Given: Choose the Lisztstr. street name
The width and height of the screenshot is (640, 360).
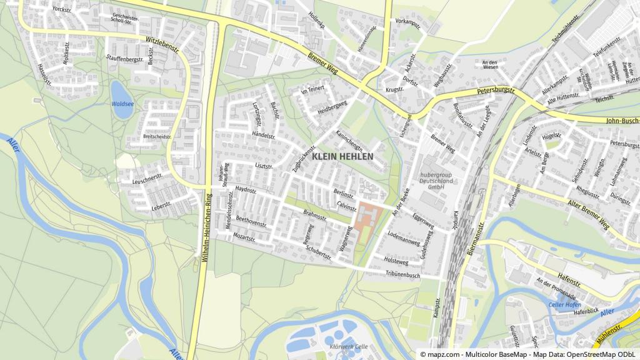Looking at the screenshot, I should (x=265, y=166).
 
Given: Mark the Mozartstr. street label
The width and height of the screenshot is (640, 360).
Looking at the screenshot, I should (x=244, y=238).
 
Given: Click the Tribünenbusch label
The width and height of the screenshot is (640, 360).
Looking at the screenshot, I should (x=402, y=274).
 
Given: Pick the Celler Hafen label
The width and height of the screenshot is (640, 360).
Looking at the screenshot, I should (x=564, y=304).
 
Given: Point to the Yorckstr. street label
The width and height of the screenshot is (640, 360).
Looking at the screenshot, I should (x=62, y=9).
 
